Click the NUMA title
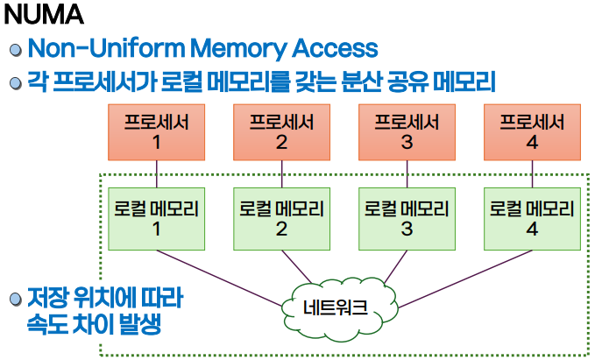(44, 15)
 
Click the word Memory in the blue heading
(238, 49)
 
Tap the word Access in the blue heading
(335, 48)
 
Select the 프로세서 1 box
(156, 132)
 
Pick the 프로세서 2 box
(281, 132)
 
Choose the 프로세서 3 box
(407, 132)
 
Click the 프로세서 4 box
(532, 132)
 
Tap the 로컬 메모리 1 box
(156, 219)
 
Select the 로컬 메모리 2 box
(281, 219)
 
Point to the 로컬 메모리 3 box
(407, 219)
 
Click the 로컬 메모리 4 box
(532, 219)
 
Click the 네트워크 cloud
(340, 308)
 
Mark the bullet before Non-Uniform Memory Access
(16, 50)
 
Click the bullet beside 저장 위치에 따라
(16, 300)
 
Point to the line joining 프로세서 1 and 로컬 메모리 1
(157, 173)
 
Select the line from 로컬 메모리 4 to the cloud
(465, 279)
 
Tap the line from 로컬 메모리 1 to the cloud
(219, 278)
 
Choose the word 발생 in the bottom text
(140, 324)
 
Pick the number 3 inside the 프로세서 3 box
(407, 142)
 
